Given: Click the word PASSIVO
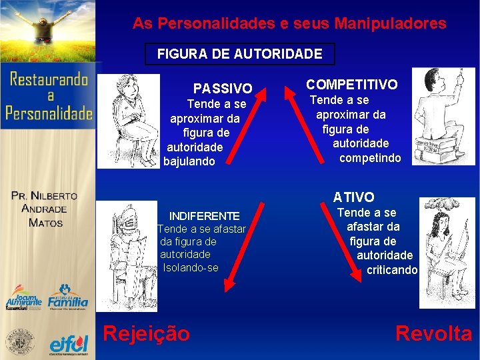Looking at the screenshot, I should coord(223,88).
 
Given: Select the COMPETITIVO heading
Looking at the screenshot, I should coord(351,85).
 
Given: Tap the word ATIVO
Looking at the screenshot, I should coord(354,197).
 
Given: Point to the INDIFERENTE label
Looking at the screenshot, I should coord(204,216).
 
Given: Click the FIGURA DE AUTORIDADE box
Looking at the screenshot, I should coord(239,54).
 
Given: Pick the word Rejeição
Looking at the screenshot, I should coord(146,333).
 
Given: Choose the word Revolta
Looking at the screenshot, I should coord(433,333).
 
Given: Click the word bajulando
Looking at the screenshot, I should coord(189,161).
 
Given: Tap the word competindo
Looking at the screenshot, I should coord(370,158).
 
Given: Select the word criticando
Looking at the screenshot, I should coord(392,269).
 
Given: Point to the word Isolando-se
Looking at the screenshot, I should coord(191,267).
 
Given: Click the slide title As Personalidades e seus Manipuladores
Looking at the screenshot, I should coord(289,24).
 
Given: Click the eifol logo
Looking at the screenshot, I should coord(69,343).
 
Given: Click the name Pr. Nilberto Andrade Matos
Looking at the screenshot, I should coord(45,209).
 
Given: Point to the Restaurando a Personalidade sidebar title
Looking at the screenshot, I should coord(49,97).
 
